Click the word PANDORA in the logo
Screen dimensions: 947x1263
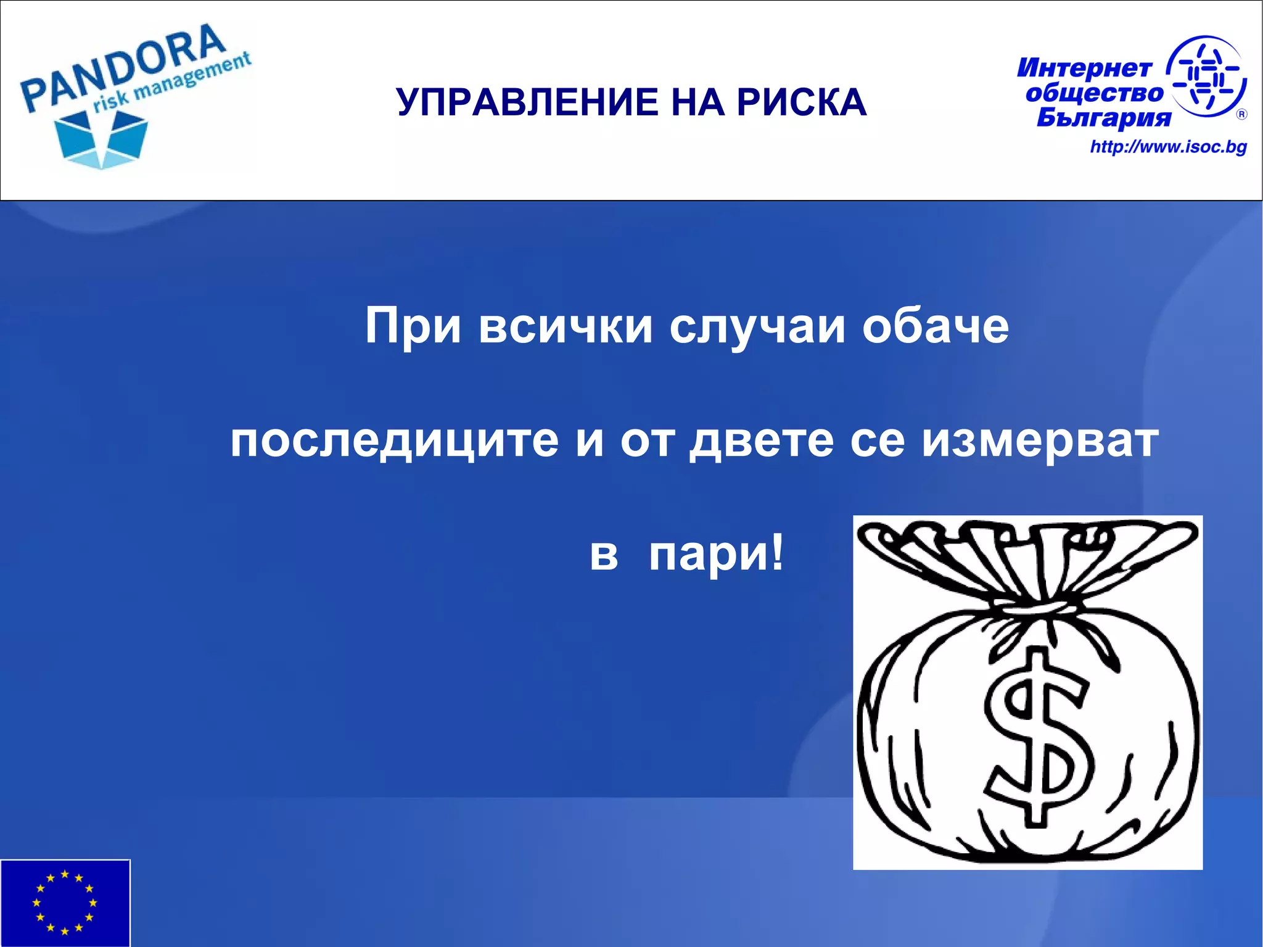(x=123, y=68)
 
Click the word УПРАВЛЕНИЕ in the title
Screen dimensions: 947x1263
(x=527, y=102)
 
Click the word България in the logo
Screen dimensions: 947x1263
(x=1104, y=117)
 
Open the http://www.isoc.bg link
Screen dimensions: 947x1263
(x=1168, y=147)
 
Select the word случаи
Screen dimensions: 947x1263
(x=757, y=326)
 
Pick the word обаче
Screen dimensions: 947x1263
(x=935, y=326)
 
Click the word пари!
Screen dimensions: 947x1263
(x=716, y=554)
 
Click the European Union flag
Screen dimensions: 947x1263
(x=65, y=903)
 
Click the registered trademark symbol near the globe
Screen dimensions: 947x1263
(x=1241, y=114)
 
